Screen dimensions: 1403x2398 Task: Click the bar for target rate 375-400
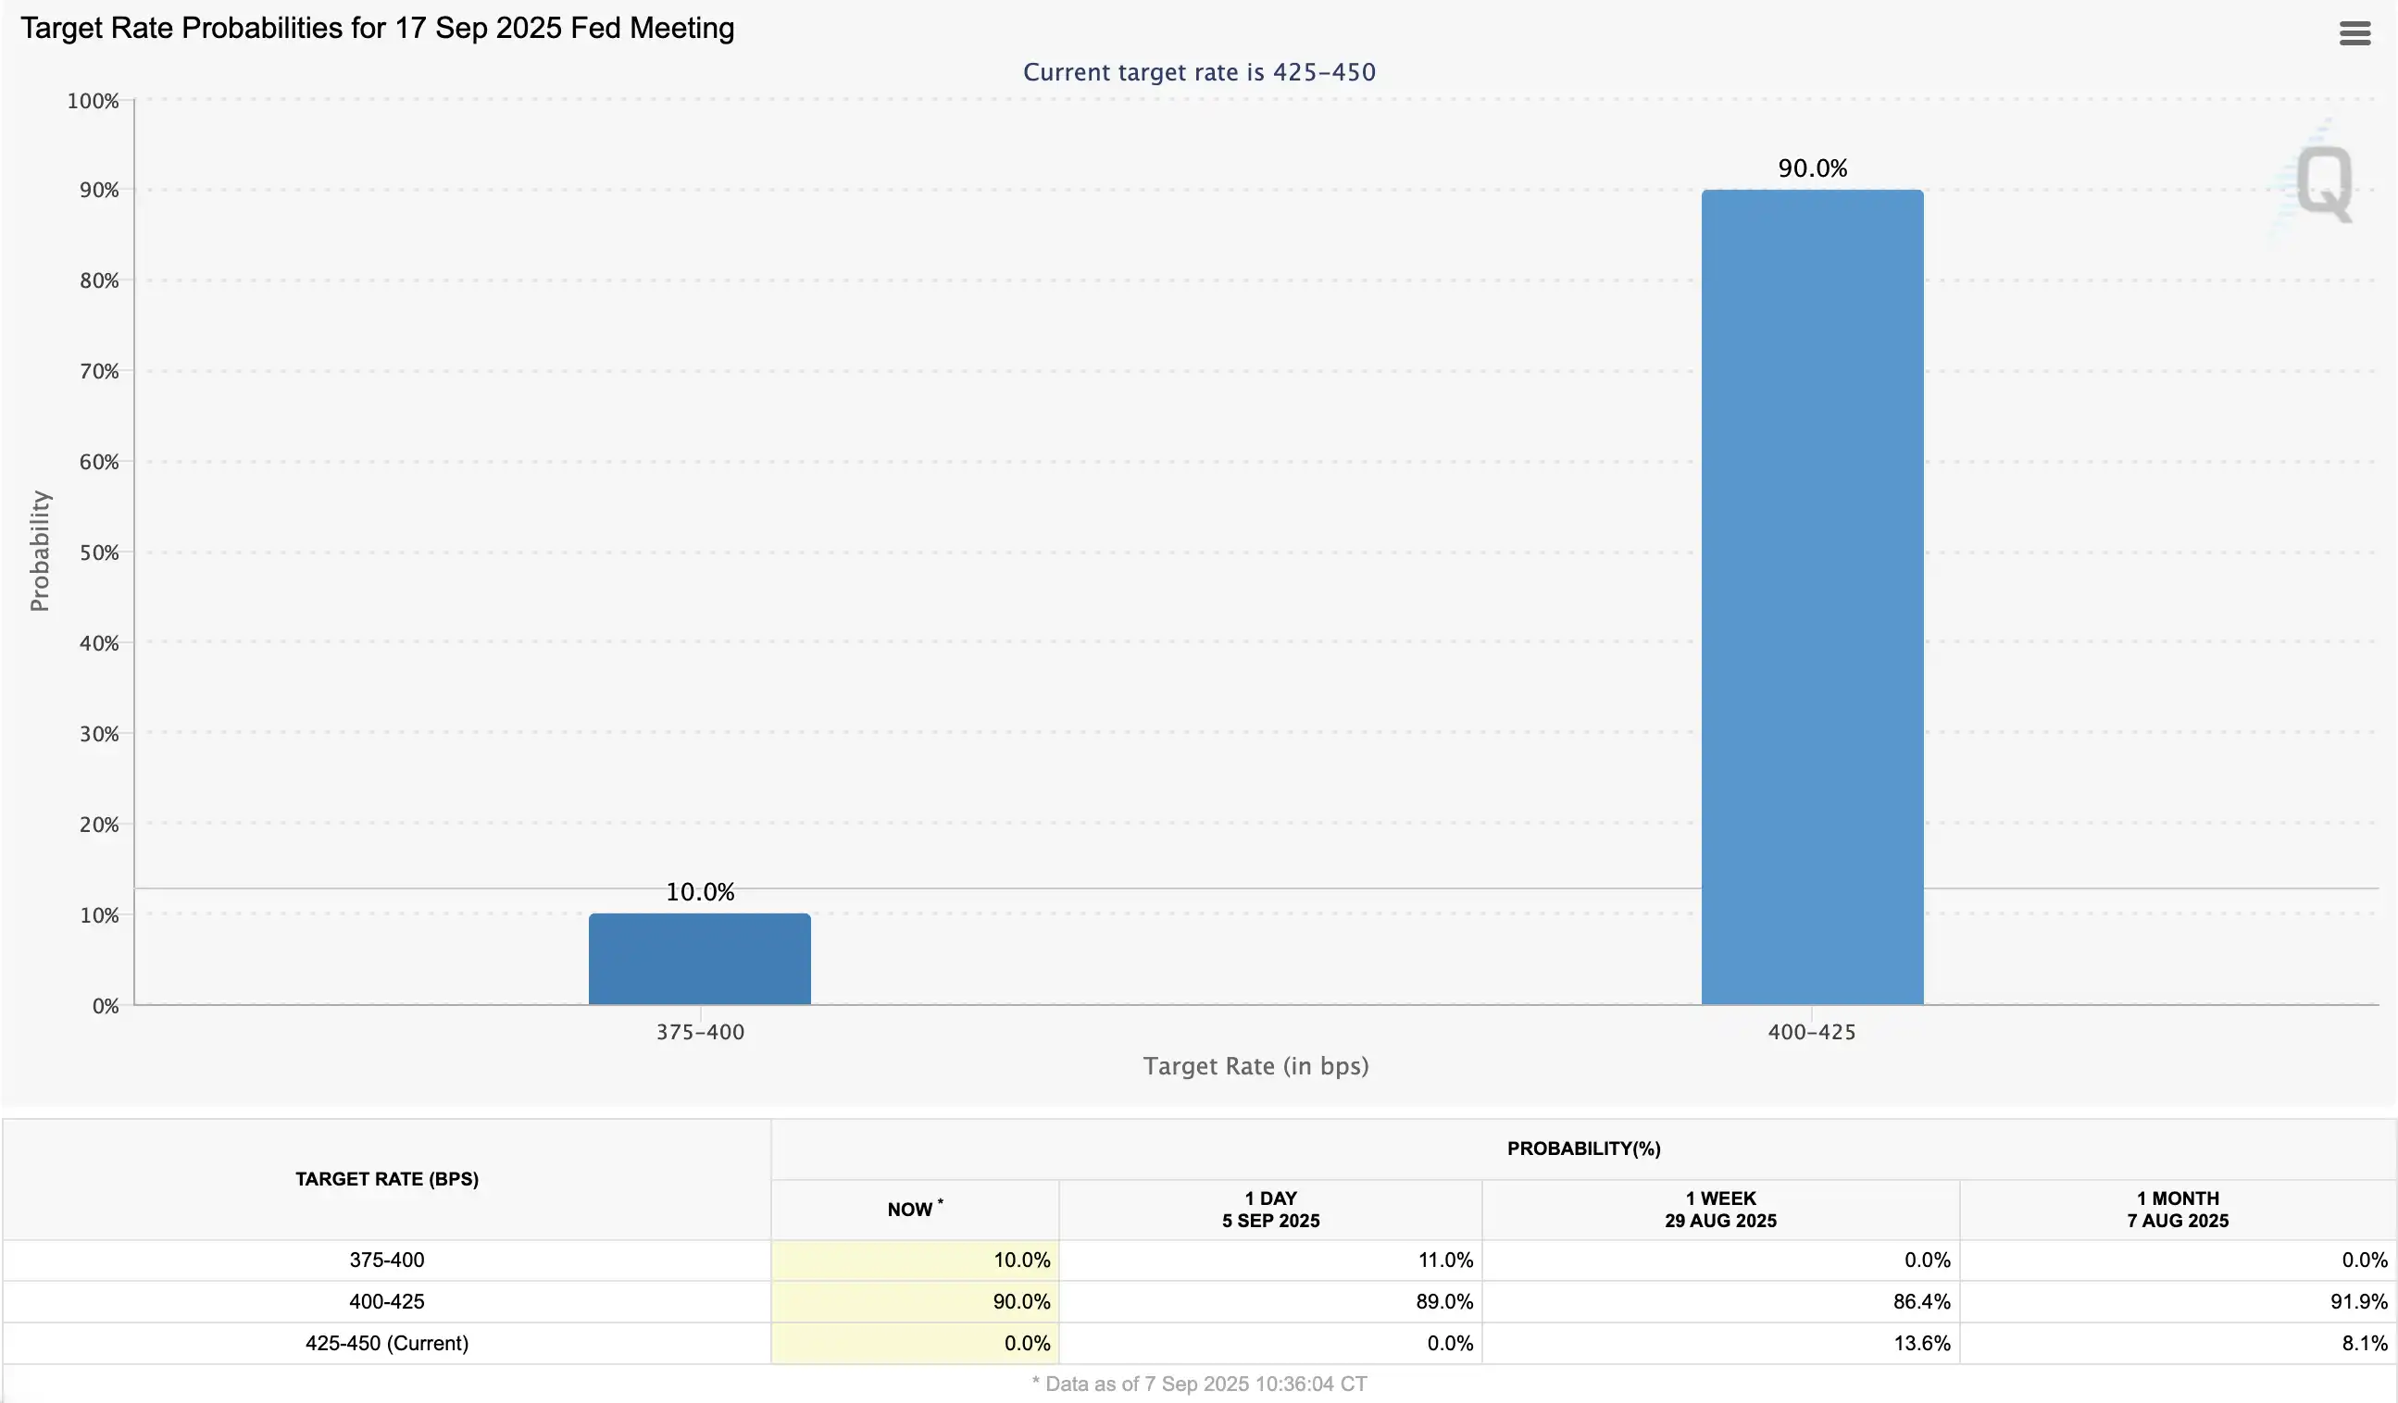point(699,959)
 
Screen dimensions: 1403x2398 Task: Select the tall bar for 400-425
point(1812,596)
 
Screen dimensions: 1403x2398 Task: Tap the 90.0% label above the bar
point(1812,168)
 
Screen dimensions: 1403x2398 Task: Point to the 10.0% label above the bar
point(699,892)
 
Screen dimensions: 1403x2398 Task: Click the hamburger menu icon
point(2354,33)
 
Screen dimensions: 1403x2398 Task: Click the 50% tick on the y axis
point(99,553)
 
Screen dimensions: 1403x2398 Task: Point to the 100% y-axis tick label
point(94,101)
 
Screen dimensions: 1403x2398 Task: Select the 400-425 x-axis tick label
point(1811,1032)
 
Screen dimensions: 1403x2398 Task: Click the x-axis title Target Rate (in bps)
point(1255,1066)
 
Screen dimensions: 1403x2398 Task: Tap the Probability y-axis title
point(39,551)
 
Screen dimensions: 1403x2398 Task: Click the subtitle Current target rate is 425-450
point(1199,72)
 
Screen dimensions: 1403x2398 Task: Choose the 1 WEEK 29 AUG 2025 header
point(1720,1209)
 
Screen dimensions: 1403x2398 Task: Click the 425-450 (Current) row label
point(386,1343)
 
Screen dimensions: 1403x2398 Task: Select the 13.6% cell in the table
point(1921,1343)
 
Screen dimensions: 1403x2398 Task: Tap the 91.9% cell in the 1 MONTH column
point(2358,1301)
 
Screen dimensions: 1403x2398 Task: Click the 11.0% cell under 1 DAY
point(1444,1260)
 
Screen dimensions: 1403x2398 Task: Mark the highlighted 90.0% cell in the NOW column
point(1021,1301)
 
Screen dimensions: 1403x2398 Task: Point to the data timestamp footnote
point(1199,1384)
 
